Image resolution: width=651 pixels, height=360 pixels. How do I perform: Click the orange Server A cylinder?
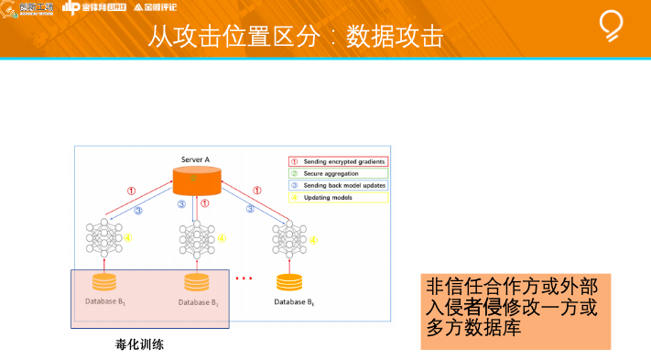point(194,180)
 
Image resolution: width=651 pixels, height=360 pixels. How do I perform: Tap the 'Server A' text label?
point(195,160)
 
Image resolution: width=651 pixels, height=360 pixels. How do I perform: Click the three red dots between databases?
point(244,278)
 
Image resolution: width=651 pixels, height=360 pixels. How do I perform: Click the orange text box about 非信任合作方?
point(515,310)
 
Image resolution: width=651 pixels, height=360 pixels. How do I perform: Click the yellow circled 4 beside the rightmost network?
point(314,241)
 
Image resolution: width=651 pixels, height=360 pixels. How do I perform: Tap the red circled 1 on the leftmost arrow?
point(131,190)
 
